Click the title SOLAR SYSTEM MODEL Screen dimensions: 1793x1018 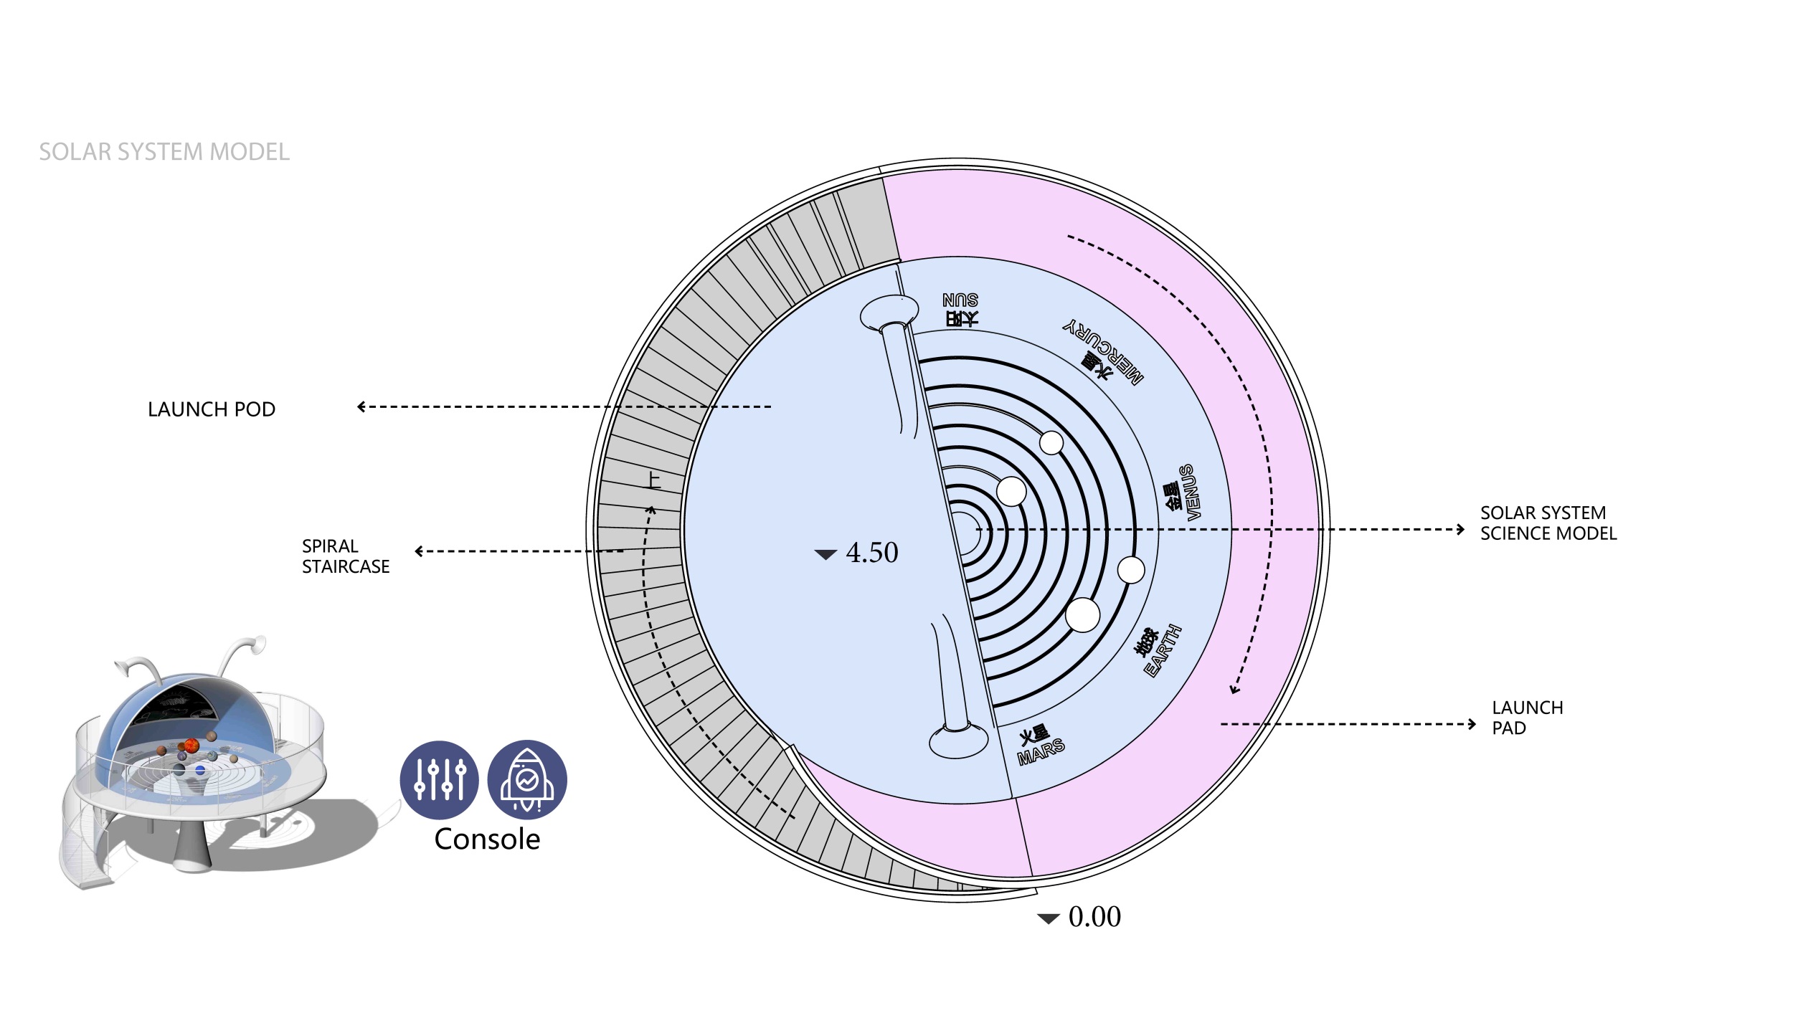(x=164, y=152)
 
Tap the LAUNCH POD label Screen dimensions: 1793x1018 (x=212, y=409)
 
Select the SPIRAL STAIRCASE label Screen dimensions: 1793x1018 (x=346, y=556)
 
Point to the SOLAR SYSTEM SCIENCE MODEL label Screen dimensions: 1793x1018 (x=1548, y=523)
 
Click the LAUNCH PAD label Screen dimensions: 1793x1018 (x=1528, y=718)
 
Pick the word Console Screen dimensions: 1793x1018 (x=487, y=839)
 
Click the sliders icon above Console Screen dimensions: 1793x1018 (x=439, y=780)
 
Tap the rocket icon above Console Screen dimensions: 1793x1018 (x=527, y=780)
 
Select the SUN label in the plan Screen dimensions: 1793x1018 (x=961, y=300)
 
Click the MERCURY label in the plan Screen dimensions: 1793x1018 (x=1102, y=351)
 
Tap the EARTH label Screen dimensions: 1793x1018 (x=1162, y=650)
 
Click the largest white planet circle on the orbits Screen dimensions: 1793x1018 (x=1083, y=615)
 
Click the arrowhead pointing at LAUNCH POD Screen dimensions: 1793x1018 (x=361, y=406)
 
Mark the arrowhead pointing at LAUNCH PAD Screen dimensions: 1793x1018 (x=1472, y=724)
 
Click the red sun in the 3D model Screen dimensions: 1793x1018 (x=191, y=746)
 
